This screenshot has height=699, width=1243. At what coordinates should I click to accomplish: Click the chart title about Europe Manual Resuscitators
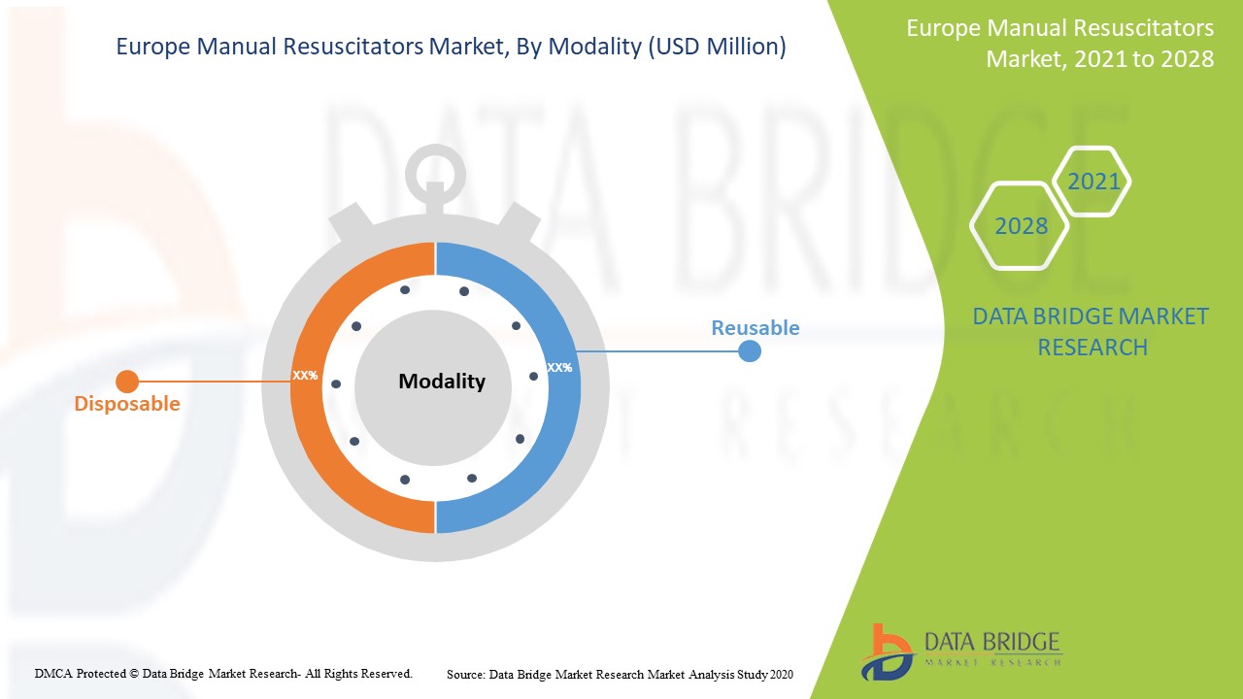[x=451, y=47]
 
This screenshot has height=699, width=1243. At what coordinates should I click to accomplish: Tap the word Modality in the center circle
[x=442, y=382]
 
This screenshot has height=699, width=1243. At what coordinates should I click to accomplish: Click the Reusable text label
[x=755, y=328]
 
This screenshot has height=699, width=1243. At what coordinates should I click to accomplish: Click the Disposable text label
[x=127, y=404]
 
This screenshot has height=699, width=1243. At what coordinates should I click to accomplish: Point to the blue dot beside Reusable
[x=749, y=350]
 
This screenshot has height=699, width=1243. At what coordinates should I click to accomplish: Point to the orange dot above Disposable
[x=127, y=382]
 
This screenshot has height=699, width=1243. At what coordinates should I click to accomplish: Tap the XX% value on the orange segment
[x=305, y=375]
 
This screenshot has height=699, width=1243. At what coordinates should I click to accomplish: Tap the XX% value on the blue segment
[x=559, y=368]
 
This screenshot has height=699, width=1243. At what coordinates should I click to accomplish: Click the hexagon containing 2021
[x=1092, y=182]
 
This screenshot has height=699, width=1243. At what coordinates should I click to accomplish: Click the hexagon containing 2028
[x=1020, y=226]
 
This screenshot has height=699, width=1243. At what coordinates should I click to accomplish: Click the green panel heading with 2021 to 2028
[x=1059, y=44]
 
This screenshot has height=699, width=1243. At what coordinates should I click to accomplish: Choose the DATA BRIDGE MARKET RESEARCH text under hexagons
[x=1091, y=332]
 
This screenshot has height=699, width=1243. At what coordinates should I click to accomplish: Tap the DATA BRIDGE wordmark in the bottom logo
[x=991, y=643]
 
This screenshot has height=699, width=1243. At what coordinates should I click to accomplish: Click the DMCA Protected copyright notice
[x=223, y=673]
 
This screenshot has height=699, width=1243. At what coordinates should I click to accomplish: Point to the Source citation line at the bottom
[x=620, y=674]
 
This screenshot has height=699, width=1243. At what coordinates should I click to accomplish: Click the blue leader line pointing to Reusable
[x=660, y=350]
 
